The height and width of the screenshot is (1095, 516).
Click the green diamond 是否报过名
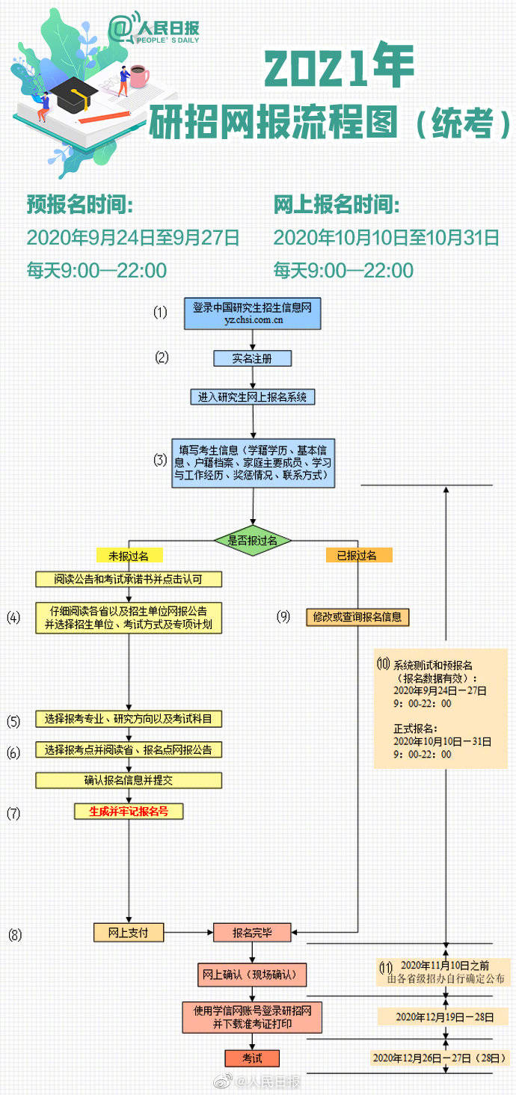pos(252,539)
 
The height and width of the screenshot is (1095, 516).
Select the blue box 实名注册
pos(252,358)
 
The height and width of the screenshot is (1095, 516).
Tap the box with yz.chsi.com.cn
pos(253,313)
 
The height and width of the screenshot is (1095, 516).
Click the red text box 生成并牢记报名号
pos(129,811)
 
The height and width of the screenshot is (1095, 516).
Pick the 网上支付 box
pos(129,932)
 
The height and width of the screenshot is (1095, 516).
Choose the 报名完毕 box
pos(252,932)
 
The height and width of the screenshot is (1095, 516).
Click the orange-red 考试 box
pos(252,1058)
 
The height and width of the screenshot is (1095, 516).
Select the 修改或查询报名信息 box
pos(357,617)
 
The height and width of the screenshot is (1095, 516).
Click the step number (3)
pos(161,460)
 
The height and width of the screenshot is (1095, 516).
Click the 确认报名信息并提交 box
pos(129,780)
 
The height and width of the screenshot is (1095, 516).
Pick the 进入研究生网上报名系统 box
pos(252,397)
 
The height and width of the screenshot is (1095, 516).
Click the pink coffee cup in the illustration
pos(138,75)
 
